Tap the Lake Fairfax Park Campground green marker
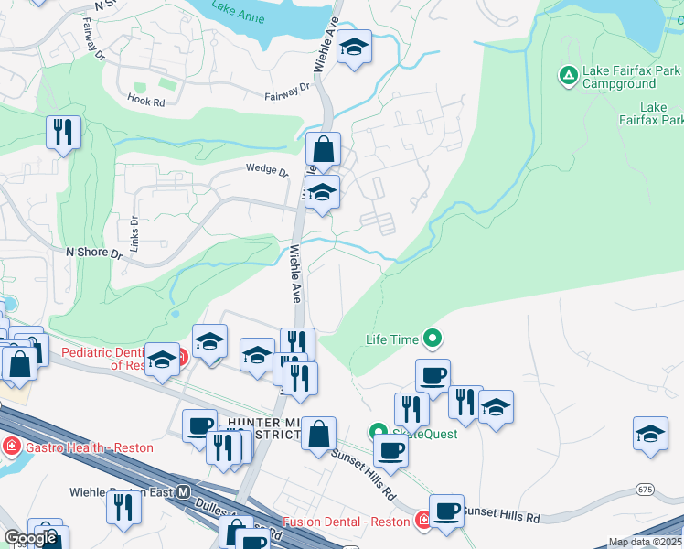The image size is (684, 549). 567,74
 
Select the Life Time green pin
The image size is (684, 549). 433,339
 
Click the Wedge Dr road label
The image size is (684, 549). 266,169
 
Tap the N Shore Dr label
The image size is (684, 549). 93,251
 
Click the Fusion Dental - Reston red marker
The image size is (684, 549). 423,522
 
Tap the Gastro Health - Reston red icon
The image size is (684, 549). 11,447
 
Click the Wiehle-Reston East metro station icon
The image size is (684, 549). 184,491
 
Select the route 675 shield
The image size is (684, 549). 647,490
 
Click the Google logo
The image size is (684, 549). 31,539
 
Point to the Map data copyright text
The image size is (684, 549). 646,542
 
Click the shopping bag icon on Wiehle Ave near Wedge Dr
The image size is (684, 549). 323,148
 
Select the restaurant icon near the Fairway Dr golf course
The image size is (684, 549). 63,132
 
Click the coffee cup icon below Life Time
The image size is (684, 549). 433,374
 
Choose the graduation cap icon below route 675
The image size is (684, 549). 650,433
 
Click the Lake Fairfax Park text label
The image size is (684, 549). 650,113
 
